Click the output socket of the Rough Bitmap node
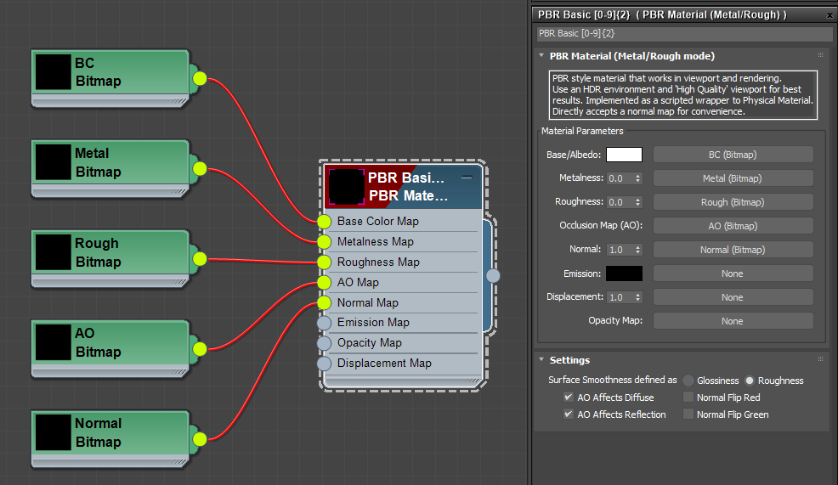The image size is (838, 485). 200,258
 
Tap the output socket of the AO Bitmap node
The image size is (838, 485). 200,348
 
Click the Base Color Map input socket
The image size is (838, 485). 324,222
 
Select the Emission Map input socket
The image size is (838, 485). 324,323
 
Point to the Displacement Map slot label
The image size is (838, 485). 384,364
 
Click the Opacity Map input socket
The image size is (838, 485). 324,343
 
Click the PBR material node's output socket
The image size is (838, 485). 493,275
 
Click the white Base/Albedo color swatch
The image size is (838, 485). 624,155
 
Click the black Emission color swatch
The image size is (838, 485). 624,274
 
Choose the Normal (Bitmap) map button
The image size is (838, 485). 732,250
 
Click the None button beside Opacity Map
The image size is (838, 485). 732,321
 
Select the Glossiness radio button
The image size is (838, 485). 688,381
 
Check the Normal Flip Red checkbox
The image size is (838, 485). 688,398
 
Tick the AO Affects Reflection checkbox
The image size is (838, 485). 569,415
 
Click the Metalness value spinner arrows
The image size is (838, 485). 637,178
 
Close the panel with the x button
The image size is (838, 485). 830,14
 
